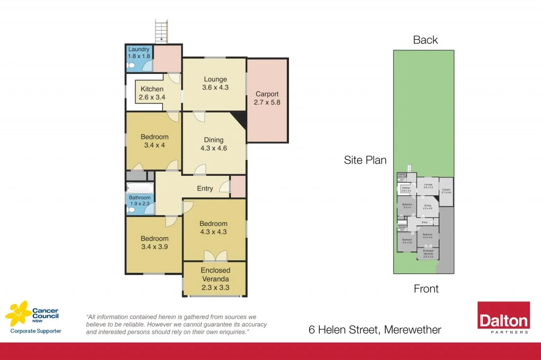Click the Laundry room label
(138, 53)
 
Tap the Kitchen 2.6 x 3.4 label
(152, 93)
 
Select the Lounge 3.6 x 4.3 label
(215, 83)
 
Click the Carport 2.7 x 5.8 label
(267, 98)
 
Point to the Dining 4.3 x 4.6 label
(214, 144)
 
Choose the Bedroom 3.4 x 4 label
(154, 141)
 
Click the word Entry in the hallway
(205, 188)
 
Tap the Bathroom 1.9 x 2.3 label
(140, 201)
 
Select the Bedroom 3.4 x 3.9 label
(154, 242)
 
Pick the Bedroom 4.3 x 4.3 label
(213, 227)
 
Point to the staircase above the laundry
(160, 31)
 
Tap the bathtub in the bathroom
(140, 187)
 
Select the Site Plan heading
(365, 160)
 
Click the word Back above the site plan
(425, 40)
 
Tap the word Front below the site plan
(426, 288)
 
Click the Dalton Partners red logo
(503, 318)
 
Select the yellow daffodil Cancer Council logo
(18, 314)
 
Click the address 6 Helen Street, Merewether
(375, 330)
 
